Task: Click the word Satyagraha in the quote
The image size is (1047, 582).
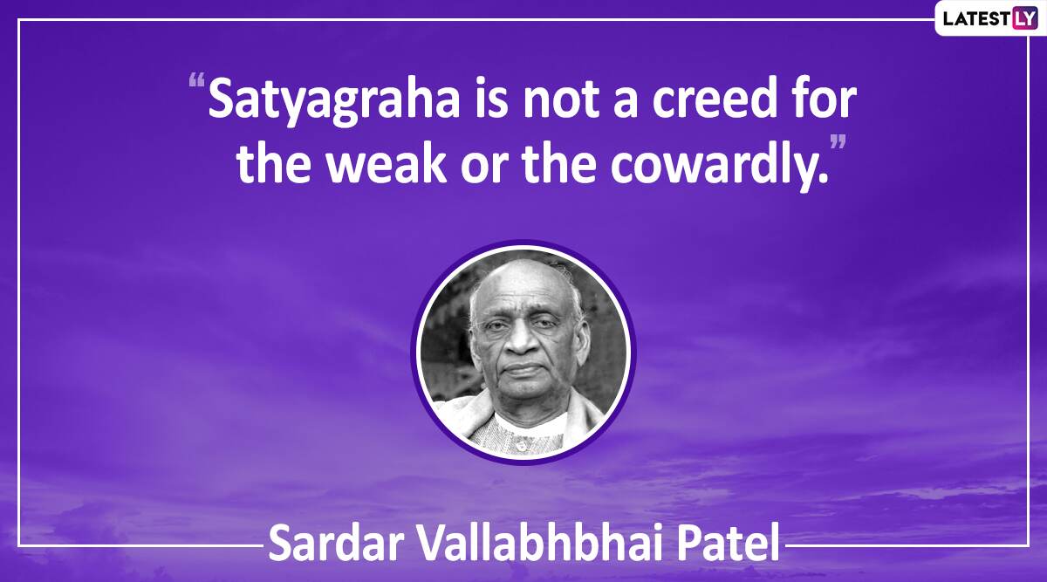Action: click(x=333, y=101)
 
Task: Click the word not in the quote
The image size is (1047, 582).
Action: click(x=560, y=99)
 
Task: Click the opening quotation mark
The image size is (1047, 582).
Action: click(x=197, y=80)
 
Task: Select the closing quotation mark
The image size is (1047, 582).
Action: click(x=837, y=142)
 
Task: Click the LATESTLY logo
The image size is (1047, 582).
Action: click(x=989, y=18)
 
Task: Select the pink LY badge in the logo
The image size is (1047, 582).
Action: click(x=1025, y=18)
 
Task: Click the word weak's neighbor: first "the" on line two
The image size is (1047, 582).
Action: click(x=273, y=161)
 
